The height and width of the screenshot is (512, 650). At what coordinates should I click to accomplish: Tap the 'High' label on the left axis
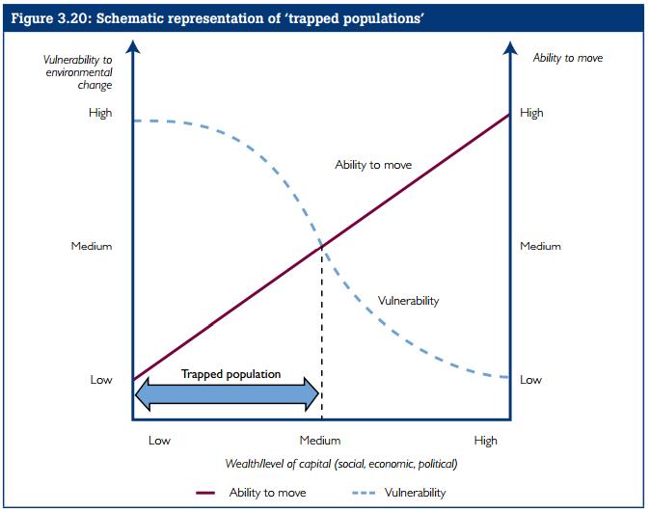[x=100, y=113]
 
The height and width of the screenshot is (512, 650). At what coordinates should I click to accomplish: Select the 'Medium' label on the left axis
[x=92, y=246]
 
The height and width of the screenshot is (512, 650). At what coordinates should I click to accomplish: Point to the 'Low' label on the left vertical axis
[x=101, y=380]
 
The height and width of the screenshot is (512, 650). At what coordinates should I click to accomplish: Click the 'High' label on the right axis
[x=531, y=113]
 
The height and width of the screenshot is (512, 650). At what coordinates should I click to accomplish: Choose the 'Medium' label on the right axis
[x=540, y=246]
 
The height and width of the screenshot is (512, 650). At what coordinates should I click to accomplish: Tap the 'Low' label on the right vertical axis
[x=530, y=380]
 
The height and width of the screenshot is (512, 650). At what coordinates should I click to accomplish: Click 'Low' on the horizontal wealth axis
[x=159, y=441]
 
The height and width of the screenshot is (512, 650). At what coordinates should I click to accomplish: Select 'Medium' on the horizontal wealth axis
[x=320, y=441]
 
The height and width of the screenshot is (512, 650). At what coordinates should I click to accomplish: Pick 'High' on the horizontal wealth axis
[x=486, y=441]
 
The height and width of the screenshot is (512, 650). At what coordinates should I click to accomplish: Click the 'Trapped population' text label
[x=230, y=374]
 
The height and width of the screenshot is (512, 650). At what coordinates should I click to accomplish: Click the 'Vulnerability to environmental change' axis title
[x=80, y=72]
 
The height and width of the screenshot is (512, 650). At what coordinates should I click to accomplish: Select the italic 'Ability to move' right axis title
[x=567, y=59]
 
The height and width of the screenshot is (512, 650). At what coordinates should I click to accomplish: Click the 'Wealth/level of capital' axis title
[x=341, y=464]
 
